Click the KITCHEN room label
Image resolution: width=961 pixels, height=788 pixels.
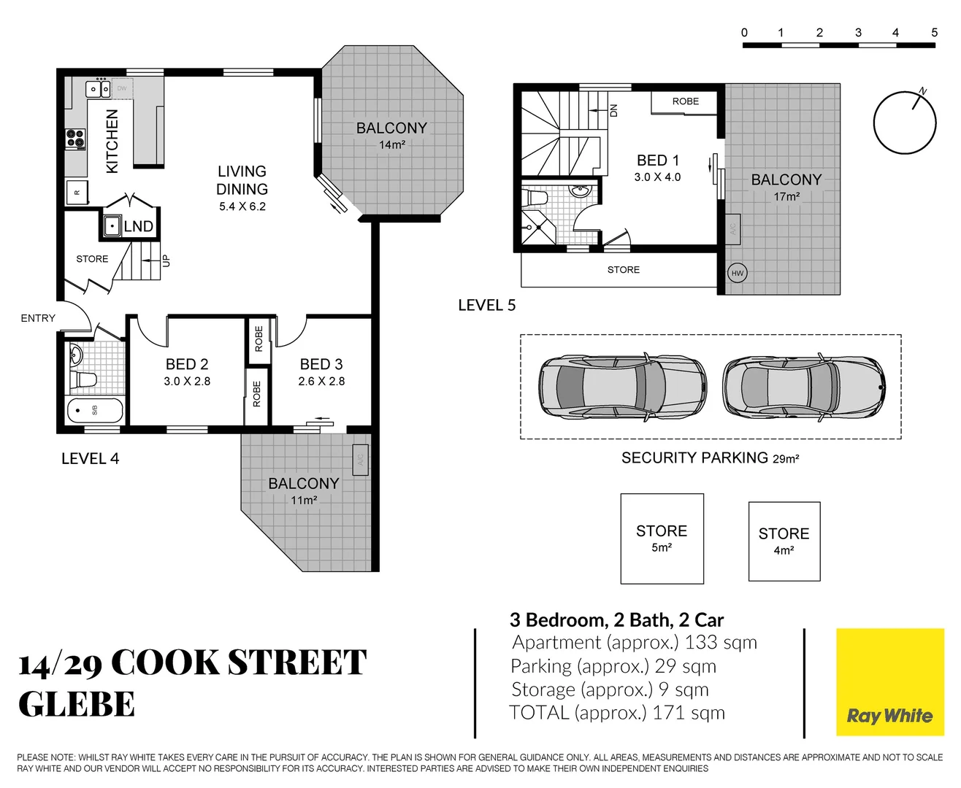coord(112,142)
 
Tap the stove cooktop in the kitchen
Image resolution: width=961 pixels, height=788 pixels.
coord(75,138)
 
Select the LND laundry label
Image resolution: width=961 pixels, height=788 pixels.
coord(138,227)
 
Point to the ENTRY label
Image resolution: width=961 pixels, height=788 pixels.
coord(38,318)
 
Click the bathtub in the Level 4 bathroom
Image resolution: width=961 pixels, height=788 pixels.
coord(95,410)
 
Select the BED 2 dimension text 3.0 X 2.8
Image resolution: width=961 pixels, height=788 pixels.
coord(187,382)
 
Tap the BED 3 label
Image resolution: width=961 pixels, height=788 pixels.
coord(321,364)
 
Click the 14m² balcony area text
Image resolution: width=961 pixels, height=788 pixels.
coord(392,145)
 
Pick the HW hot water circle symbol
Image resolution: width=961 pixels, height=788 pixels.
coord(738,274)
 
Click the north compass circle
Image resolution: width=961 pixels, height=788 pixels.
coord(905,123)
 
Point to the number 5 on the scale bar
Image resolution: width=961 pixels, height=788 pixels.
coord(934,33)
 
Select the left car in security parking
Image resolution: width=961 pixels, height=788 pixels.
coord(622,386)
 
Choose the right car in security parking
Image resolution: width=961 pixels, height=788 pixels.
coord(804,387)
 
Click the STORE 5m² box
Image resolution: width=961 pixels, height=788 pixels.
coord(662,538)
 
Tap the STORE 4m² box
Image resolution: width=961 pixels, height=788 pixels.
coord(784,541)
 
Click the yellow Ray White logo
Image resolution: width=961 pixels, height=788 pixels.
coord(889,682)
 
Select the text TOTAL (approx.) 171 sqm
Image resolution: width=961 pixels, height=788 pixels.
coord(617,713)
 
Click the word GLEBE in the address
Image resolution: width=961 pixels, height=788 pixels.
coord(77,705)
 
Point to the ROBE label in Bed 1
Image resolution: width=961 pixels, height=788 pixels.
coord(686,101)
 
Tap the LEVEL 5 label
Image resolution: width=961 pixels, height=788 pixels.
coord(487,306)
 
